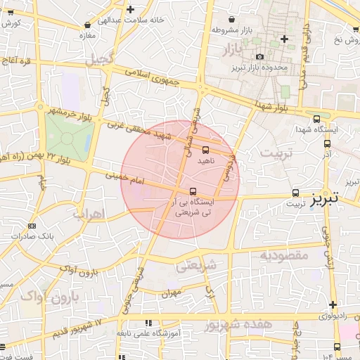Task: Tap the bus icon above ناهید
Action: coord(205,150)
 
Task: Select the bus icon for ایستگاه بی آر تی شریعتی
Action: coord(193,191)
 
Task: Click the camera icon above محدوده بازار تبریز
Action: coord(260,56)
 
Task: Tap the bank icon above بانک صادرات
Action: coord(31,226)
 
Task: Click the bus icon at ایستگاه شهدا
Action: coord(316,120)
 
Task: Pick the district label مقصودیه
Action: coord(284,255)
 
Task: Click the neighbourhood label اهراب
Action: coord(88,212)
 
